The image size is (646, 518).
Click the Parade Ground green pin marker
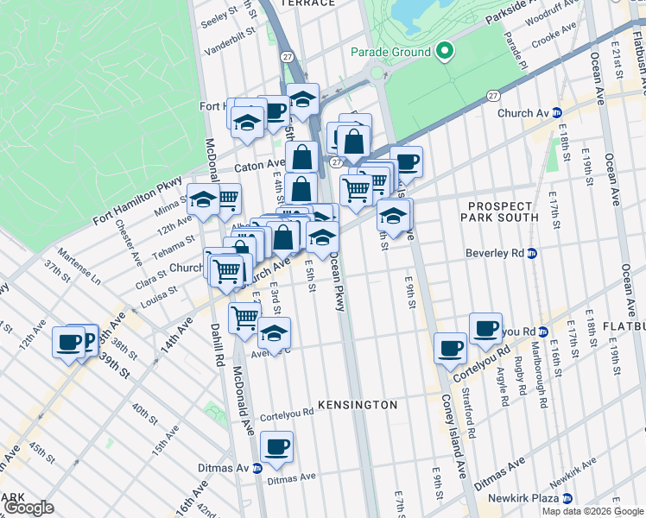[445, 52]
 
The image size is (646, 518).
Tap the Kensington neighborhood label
[358, 404]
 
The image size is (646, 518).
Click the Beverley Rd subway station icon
[532, 254]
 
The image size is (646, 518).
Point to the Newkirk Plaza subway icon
[567, 499]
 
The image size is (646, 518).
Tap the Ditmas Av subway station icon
[257, 469]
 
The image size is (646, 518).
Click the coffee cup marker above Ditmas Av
[276, 446]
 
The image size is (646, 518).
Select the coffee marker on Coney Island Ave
[449, 348]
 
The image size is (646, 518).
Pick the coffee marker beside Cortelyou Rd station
[485, 328]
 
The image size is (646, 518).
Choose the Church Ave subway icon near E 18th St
[556, 112]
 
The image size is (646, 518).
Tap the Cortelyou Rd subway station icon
[542, 332]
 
